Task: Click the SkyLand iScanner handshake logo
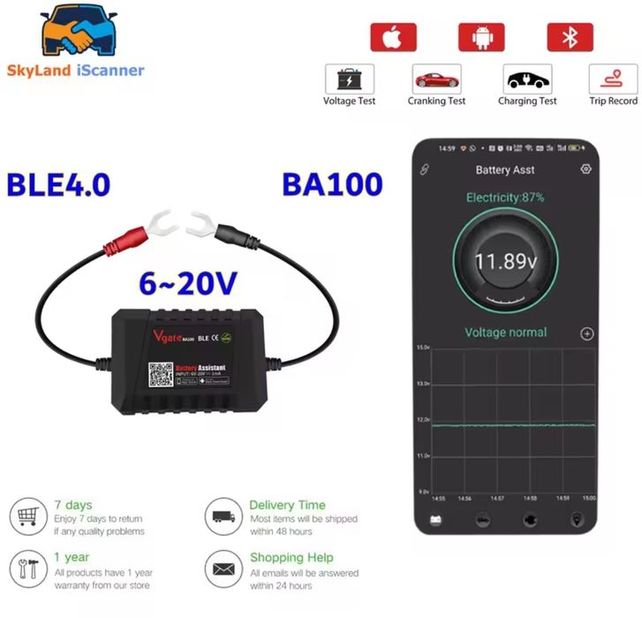click(76, 33)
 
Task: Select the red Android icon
click(480, 37)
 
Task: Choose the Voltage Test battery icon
click(350, 79)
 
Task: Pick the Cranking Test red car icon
click(436, 79)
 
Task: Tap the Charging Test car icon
click(527, 79)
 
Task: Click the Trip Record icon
click(613, 79)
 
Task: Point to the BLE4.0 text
click(58, 185)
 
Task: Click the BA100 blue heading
click(332, 185)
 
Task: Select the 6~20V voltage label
click(187, 283)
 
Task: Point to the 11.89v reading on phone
click(505, 261)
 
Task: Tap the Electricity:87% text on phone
click(505, 198)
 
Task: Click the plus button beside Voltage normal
click(586, 334)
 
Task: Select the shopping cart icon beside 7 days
click(28, 515)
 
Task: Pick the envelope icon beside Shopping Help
click(223, 566)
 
